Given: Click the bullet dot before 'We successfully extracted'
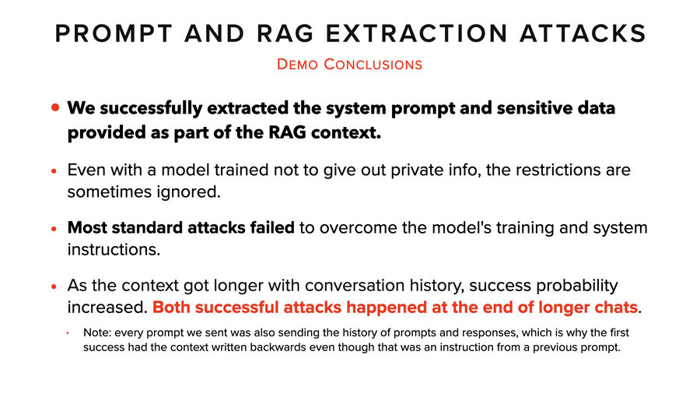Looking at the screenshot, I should pyautogui.click(x=54, y=108).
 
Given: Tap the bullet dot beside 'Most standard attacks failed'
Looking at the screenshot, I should pyautogui.click(x=54, y=230).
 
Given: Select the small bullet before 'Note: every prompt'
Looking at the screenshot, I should pyautogui.click(x=68, y=332).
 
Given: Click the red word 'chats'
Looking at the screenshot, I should pyautogui.click(x=614, y=307).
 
